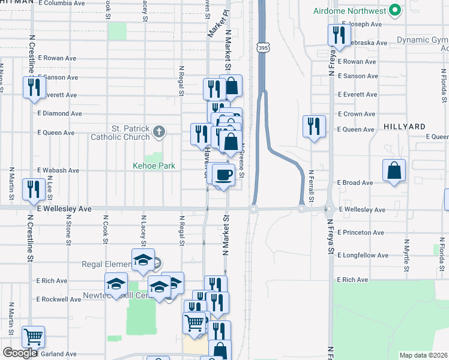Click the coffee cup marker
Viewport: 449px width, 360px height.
[223, 175]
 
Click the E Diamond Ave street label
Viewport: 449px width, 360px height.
[59, 113]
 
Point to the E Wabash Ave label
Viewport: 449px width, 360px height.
[58, 170]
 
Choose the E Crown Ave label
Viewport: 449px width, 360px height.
[357, 114]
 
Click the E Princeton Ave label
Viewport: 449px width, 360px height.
[360, 232]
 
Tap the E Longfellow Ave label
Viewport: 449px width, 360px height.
[362, 256]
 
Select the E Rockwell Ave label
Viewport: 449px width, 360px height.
[58, 299]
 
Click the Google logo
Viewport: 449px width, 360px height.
[20, 353]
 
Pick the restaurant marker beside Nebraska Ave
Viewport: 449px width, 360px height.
[338, 35]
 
